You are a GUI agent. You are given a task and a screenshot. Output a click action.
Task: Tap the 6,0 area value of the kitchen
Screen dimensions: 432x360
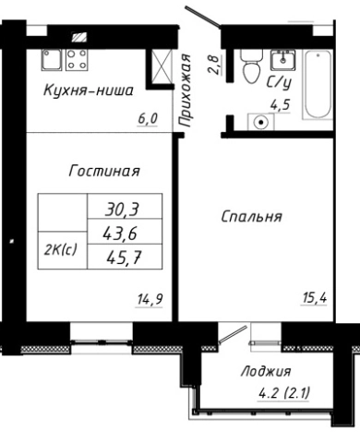(149, 118)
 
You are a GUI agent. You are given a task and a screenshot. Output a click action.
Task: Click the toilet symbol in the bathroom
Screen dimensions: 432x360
(247, 65)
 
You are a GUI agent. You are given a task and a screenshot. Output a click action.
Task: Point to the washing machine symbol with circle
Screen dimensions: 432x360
(261, 121)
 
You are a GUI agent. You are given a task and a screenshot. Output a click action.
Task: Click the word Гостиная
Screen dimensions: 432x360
(103, 170)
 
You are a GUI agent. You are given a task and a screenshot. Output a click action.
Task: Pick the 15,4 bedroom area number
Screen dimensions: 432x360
(317, 296)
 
